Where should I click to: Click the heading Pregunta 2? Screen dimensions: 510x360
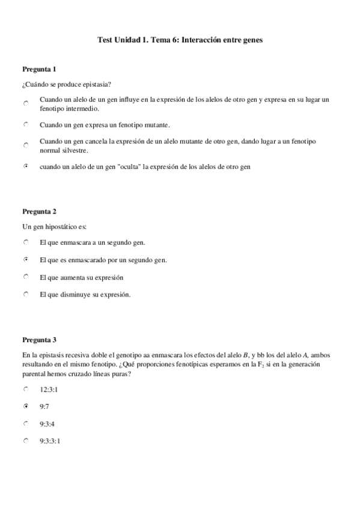40,211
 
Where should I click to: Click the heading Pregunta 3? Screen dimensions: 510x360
40,340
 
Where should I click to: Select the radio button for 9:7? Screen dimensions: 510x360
26,407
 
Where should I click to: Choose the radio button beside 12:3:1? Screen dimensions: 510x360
26,389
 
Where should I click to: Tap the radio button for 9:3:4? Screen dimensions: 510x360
26,423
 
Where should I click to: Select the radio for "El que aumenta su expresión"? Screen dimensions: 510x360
26,277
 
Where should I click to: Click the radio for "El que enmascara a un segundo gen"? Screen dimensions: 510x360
26,242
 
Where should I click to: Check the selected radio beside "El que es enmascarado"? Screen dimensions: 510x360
26,260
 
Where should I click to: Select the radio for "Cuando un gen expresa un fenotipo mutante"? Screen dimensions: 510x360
26,124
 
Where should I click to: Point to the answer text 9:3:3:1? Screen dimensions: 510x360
50,441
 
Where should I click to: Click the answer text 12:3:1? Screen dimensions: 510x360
49,390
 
